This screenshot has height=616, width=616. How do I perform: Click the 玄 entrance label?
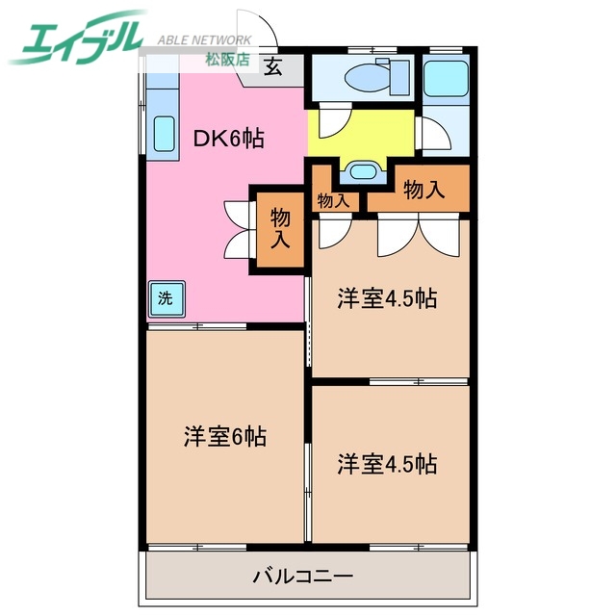tap(274, 66)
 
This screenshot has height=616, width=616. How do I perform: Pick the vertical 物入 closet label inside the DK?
tap(280, 227)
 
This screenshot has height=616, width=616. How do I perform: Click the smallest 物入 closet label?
tap(333, 201)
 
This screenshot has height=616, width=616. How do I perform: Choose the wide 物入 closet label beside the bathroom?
tap(423, 190)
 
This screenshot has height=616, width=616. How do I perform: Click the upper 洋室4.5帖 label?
tap(387, 298)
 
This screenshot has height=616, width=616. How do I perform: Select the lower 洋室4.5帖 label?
tap(387, 464)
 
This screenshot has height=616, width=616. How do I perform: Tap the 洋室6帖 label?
tap(225, 437)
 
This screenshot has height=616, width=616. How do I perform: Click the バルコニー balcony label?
tap(303, 577)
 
